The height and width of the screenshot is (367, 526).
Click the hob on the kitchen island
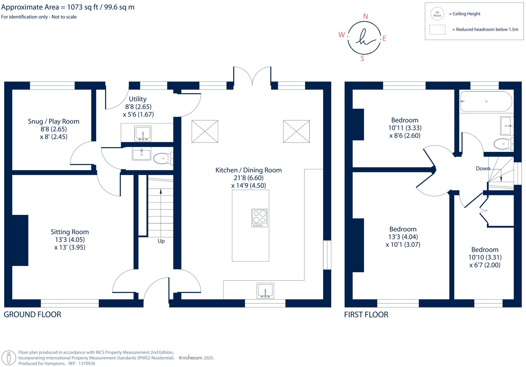tap(259, 218)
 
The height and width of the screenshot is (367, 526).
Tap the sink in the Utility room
tap(143, 133)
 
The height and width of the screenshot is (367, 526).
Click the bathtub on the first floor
tap(486, 102)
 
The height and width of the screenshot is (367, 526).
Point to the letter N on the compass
tap(365, 17)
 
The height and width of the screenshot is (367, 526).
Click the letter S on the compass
tap(362, 59)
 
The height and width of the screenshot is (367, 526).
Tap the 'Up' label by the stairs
tap(161, 241)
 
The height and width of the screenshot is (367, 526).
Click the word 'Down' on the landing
tap(483, 168)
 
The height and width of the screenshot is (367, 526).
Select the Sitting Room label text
tap(70, 232)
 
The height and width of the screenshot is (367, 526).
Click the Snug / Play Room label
tap(53, 121)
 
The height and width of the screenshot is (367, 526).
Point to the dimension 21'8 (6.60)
tap(248, 178)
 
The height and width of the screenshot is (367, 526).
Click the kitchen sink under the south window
tap(265, 291)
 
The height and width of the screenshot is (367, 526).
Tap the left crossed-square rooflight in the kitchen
tap(205, 131)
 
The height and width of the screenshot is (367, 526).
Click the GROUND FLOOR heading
tap(32, 314)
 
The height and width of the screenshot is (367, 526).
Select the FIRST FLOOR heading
tap(366, 314)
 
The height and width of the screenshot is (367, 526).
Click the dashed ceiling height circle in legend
tap(437, 14)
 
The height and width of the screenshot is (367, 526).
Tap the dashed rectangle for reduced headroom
tap(437, 29)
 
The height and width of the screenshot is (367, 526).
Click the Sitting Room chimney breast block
tap(20, 240)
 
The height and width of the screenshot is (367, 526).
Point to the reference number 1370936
tap(87, 363)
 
